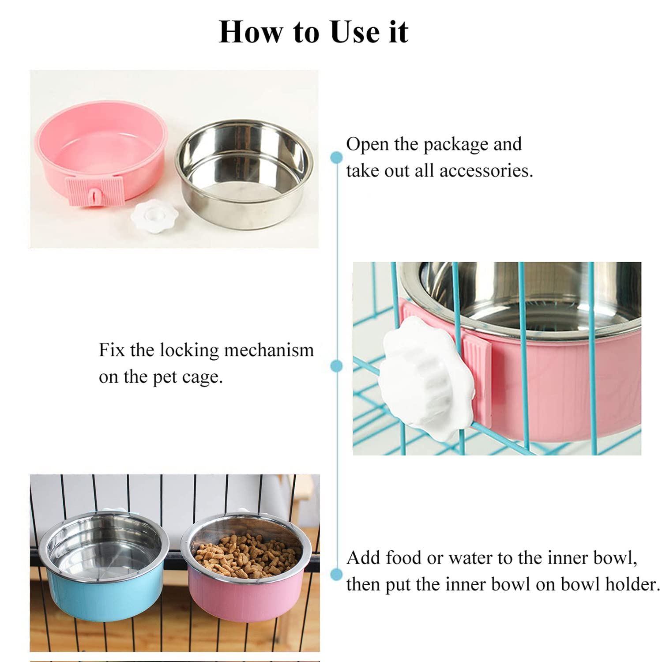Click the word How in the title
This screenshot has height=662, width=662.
[250, 32]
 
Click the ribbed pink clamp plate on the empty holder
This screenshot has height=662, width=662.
[97, 192]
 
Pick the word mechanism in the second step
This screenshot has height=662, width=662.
[269, 350]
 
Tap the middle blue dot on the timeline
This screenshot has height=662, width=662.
[337, 366]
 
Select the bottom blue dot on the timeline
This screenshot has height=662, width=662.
[337, 575]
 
